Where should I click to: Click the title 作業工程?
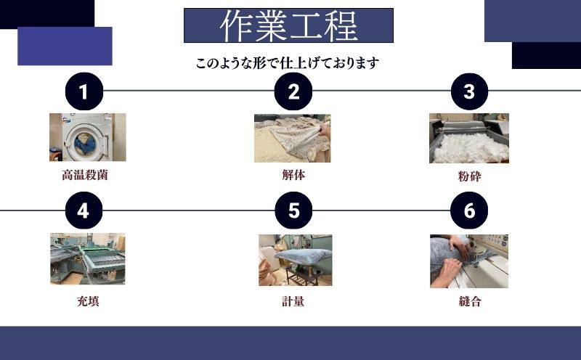pos(288,26)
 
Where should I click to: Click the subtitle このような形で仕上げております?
pos(288,63)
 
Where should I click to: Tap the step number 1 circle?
pos(84,91)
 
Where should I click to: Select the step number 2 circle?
pos(293,91)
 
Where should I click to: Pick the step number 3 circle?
pos(469,91)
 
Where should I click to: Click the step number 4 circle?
pos(84,210)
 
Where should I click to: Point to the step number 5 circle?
pos(293,210)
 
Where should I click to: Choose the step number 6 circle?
pos(469,210)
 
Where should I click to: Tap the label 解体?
pos(293,175)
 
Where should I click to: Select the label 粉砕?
pos(470,176)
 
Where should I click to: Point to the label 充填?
pos(87,301)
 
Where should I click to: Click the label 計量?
pos(293,301)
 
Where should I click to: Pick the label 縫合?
pos(470,301)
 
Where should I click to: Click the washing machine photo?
pos(87,137)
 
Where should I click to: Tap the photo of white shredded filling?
pos(468,138)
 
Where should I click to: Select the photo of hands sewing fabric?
pos(468,261)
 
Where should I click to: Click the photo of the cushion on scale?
pos(295,260)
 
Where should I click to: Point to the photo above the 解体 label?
pos(292,138)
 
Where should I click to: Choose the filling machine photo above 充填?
pos(87,259)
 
